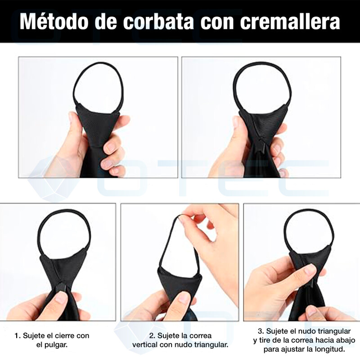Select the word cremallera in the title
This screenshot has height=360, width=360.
point(290,22)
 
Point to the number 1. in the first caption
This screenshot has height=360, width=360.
point(18,336)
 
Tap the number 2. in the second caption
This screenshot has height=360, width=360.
point(153,336)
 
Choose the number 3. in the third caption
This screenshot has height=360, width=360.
point(261,331)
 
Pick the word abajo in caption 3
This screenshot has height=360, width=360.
point(346,340)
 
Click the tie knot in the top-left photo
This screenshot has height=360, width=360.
point(99,124)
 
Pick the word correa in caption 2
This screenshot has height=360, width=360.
point(202,336)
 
